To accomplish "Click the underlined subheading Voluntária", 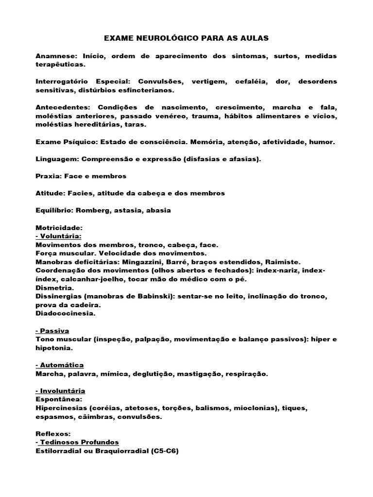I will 60,236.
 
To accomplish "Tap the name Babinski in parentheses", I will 152,296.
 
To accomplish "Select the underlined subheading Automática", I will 62,365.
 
